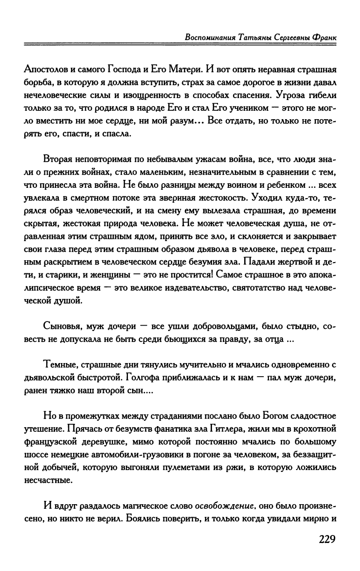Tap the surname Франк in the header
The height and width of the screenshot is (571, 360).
[x=323, y=37]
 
